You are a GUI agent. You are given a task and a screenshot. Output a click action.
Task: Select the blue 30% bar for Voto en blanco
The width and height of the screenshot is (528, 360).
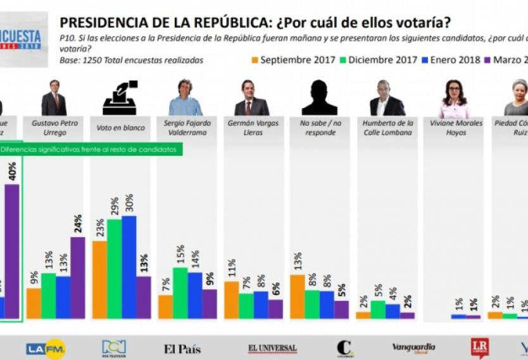point(129,266)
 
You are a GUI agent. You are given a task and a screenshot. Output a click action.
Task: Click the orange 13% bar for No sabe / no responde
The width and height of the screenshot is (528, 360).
point(297,296)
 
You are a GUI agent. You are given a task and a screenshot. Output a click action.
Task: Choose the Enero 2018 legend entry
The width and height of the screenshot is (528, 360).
point(454,61)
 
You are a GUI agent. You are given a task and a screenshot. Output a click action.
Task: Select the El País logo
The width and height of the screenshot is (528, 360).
point(183,348)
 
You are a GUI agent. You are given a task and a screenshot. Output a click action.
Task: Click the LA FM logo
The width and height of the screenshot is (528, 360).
point(46,348)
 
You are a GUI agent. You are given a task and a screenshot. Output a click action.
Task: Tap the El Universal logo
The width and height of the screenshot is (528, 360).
point(272,348)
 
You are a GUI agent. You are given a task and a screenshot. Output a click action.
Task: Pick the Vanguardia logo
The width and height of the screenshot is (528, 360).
point(413,347)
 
